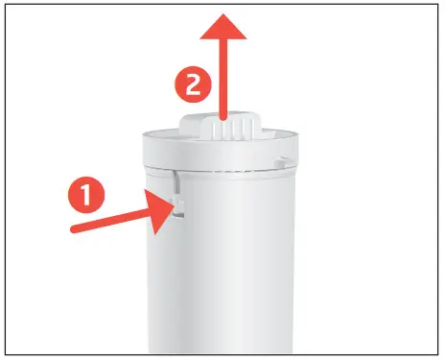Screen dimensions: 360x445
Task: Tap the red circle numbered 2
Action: pos(194,85)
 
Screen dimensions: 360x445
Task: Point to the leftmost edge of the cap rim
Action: pos(141,146)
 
